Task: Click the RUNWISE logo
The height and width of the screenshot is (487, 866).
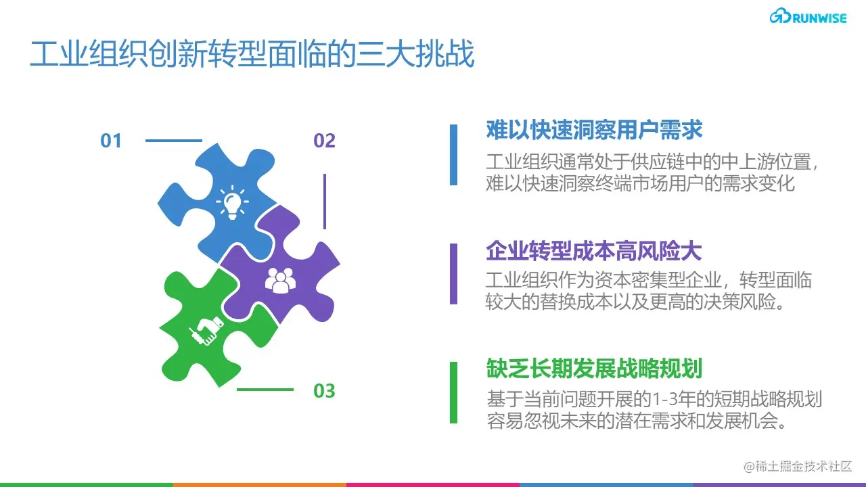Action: pyautogui.click(x=808, y=18)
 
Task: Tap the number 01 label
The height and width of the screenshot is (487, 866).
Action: pyautogui.click(x=111, y=141)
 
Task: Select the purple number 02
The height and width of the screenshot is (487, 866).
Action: pyautogui.click(x=325, y=141)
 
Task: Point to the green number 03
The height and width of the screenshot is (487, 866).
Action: pyautogui.click(x=325, y=391)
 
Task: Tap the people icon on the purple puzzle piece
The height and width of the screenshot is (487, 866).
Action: pyautogui.click(x=280, y=279)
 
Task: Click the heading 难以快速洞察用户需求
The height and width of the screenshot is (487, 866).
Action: pyautogui.click(x=594, y=129)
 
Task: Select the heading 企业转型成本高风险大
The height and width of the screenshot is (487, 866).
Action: pyautogui.click(x=594, y=251)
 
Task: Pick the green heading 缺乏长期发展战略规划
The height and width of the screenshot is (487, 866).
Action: pyautogui.click(x=594, y=369)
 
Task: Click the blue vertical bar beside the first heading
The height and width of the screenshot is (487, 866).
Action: pyautogui.click(x=453, y=154)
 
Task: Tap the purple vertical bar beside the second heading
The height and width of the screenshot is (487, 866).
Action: pyautogui.click(x=453, y=274)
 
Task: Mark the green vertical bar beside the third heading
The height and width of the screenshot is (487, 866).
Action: pyautogui.click(x=453, y=392)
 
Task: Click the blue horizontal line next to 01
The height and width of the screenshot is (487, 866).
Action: pyautogui.click(x=174, y=141)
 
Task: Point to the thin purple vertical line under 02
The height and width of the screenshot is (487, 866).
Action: pyautogui.click(x=325, y=201)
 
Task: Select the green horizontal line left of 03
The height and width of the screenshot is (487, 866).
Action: pyautogui.click(x=265, y=390)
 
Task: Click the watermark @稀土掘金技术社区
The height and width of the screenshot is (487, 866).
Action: pyautogui.click(x=797, y=467)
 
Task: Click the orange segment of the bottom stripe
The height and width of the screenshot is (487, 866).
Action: pyautogui.click(x=260, y=484)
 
